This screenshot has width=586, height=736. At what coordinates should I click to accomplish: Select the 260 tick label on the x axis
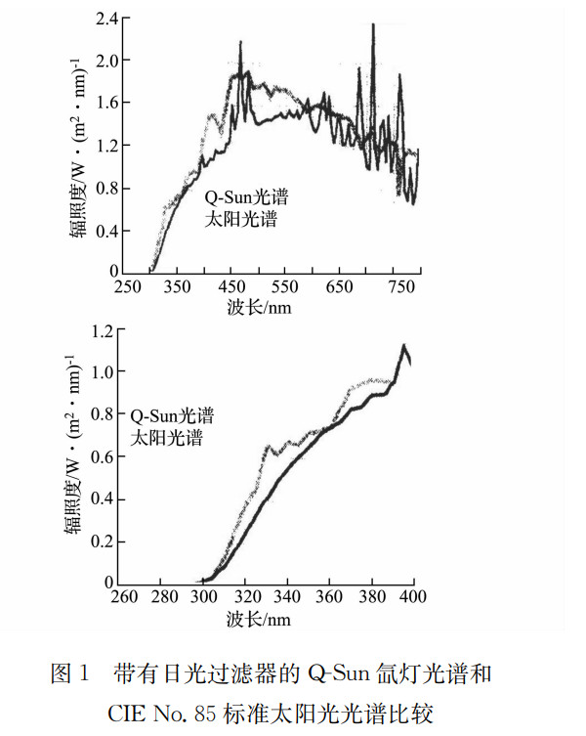coord(122,597)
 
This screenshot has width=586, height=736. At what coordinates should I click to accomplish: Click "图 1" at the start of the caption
coord(70,673)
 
